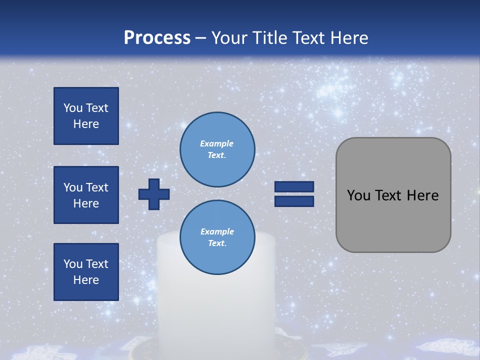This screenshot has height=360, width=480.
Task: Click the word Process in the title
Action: [x=157, y=38]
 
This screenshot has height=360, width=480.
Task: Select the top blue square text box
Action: [x=86, y=116]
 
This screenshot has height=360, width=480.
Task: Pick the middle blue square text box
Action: [x=86, y=195]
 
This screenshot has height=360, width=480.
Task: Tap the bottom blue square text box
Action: [x=86, y=272]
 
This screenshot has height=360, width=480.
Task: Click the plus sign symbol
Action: [x=154, y=194]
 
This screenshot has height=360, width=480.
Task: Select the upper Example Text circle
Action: [x=217, y=149]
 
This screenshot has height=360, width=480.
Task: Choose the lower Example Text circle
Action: [x=217, y=237]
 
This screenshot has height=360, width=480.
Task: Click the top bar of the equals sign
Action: [x=294, y=186]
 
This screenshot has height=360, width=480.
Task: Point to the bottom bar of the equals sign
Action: [x=294, y=201]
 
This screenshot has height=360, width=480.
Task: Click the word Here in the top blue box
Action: [x=86, y=124]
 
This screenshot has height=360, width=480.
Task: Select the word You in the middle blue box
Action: [x=72, y=187]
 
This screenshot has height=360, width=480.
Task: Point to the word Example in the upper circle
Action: [x=217, y=143]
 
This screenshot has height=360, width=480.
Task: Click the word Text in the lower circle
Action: [x=217, y=243]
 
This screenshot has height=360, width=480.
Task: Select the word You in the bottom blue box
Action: [x=72, y=264]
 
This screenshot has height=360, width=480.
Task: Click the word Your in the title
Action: [x=227, y=38]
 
